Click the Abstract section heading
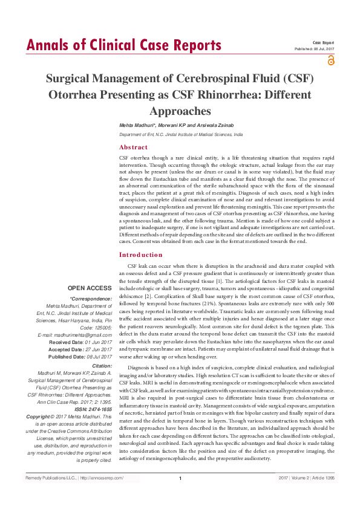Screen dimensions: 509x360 pos(133,148)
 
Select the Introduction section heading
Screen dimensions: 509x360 pos(141,255)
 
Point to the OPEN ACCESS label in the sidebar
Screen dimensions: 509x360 pos(90,288)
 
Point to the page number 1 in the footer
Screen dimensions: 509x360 pos(180,479)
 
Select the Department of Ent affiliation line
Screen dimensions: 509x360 pos(180,134)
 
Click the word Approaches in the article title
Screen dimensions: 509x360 pos(180,111)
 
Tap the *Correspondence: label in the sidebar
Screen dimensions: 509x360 pos(91,299)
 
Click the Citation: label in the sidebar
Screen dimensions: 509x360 pos(102,366)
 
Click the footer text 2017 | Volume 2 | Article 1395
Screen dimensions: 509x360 pos(306,478)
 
